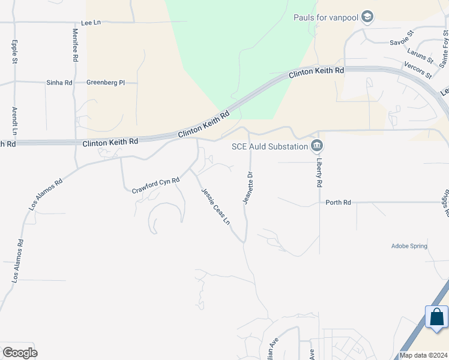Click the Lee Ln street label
pos(93,22)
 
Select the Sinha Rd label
pos(59,82)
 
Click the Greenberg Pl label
pos(105,82)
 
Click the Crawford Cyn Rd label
pos(156,185)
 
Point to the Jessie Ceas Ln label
pos(215,205)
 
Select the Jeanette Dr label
pos(246,188)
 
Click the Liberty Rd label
pos(320,173)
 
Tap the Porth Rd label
pos(338,203)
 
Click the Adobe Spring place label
pos(409,246)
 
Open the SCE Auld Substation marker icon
pos(317,146)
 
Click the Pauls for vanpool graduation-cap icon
pos(367,17)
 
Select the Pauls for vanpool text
pos(325,17)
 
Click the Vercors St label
pos(418,70)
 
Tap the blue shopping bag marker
pos(436,317)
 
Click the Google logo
pos(20,353)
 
